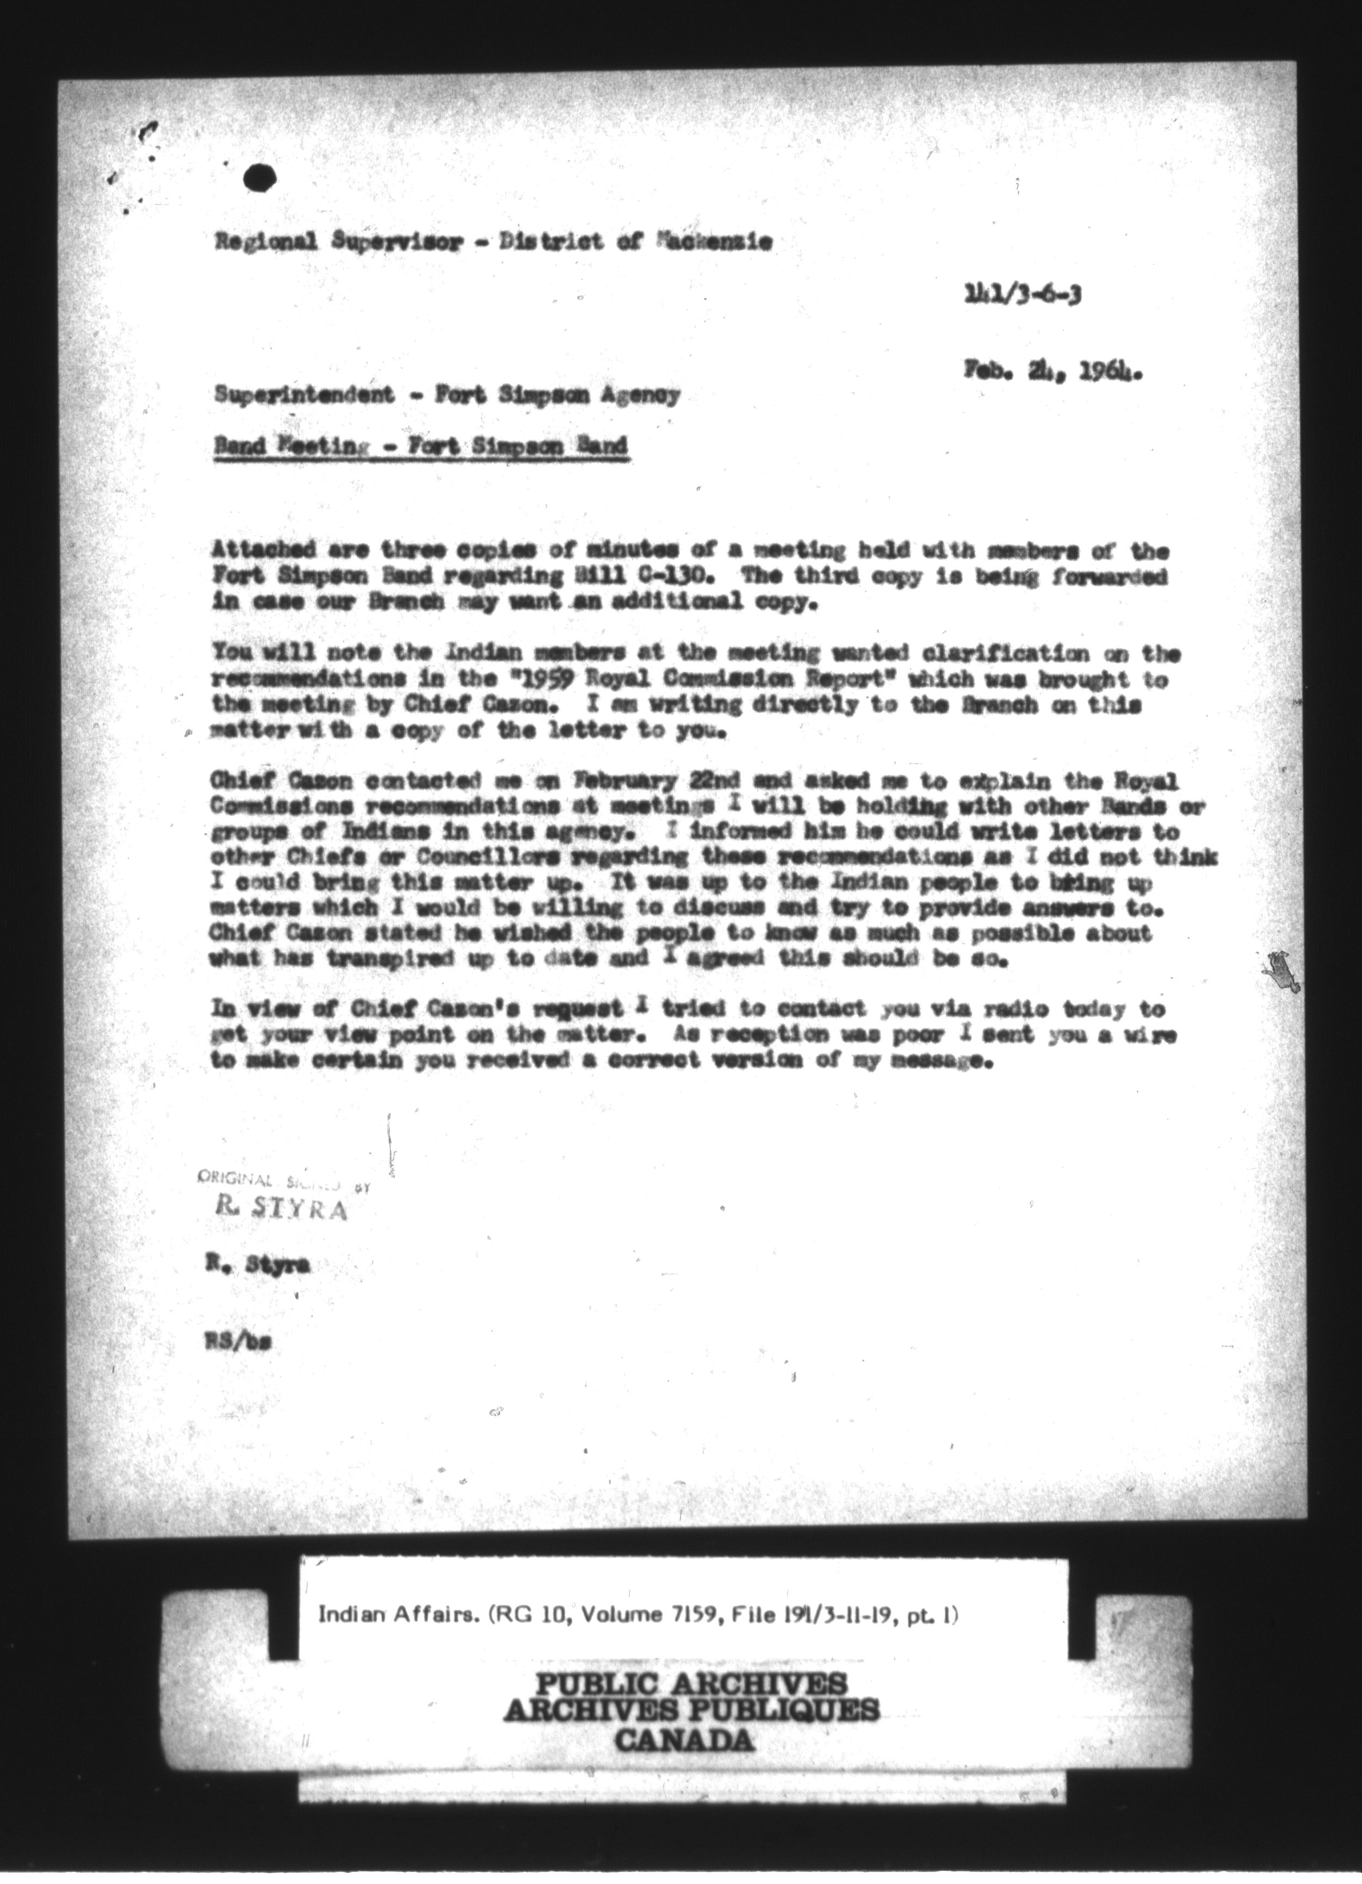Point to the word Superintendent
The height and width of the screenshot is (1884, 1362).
pyautogui.click(x=304, y=396)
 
